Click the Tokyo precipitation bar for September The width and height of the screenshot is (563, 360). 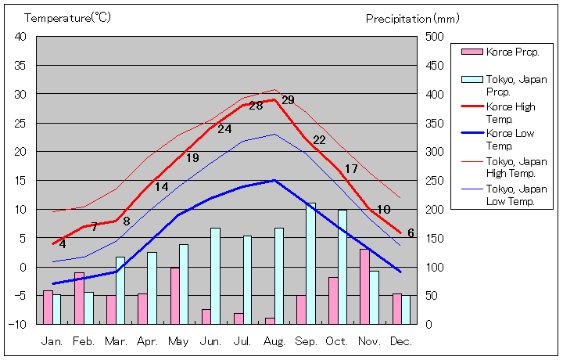(310, 263)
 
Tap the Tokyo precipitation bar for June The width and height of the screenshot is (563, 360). (215, 275)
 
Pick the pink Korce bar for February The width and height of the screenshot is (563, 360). (79, 297)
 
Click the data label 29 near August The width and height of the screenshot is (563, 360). (288, 100)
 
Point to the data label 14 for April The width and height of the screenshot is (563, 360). (161, 187)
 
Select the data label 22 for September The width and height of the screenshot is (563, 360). (319, 140)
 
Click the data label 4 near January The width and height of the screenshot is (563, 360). (63, 244)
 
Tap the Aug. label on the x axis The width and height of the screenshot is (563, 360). (273, 341)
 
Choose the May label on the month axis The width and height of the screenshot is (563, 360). (179, 341)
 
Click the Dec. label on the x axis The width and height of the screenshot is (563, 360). (400, 341)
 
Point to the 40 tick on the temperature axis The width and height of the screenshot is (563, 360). (20, 37)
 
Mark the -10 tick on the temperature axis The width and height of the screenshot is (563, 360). (18, 324)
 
